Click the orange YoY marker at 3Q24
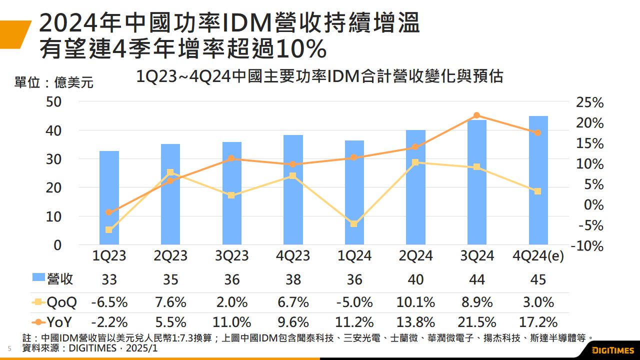[476, 115]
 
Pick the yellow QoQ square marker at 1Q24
[354, 224]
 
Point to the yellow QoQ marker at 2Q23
[170, 172]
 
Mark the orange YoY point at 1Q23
[109, 212]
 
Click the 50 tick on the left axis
[54, 101]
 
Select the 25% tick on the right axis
[590, 102]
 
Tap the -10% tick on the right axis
[587, 246]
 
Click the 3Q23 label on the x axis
[231, 256]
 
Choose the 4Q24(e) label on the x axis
[538, 256]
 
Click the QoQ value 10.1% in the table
[415, 302]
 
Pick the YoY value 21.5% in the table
[476, 321]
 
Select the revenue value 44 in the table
[476, 279]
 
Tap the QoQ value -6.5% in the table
[109, 302]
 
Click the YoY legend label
[61, 321]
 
